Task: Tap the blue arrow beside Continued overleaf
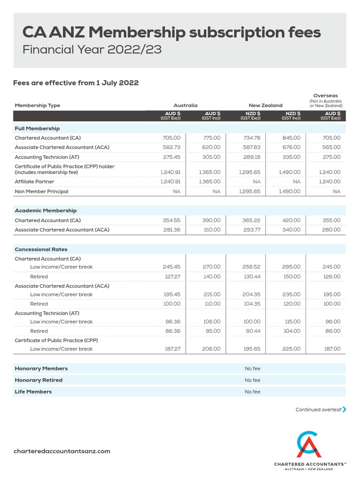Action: [345, 409]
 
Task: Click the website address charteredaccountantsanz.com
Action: [62, 451]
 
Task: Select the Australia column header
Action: [185, 105]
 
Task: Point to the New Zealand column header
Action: [265, 105]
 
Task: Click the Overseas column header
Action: [325, 96]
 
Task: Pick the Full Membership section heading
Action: [37, 128]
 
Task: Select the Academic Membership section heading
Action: [45, 211]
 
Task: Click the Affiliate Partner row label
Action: [34, 181]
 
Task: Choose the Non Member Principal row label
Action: [41, 191]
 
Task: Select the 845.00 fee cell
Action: [291, 138]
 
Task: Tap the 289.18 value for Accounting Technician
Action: [251, 157]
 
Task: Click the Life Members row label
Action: [33, 391]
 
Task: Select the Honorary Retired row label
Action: [38, 380]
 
